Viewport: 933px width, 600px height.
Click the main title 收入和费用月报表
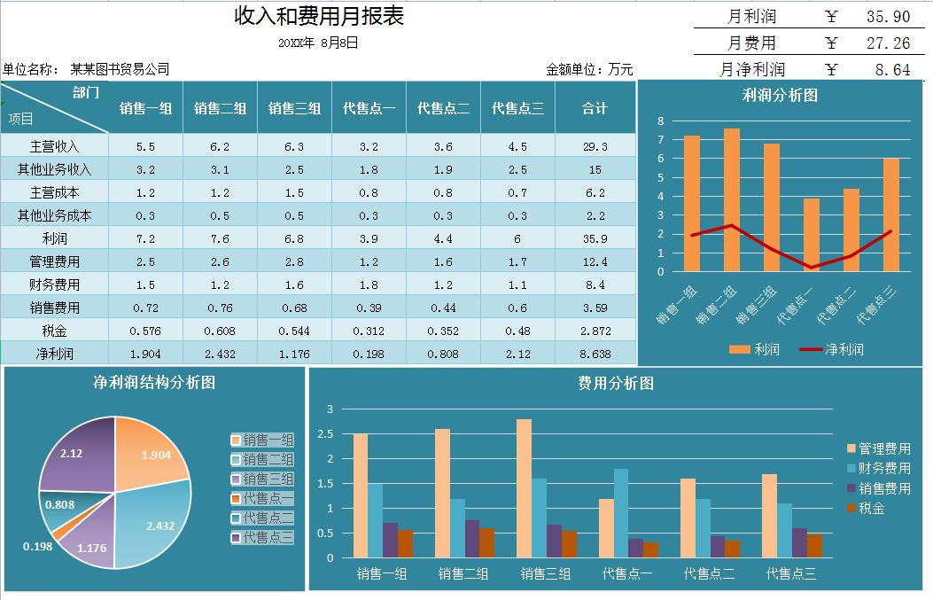coord(319,17)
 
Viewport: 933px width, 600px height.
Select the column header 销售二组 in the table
coord(220,108)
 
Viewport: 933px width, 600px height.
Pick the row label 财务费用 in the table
coord(49,284)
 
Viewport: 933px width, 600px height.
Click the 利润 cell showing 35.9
coord(595,238)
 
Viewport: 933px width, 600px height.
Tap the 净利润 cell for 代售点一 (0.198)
coord(369,354)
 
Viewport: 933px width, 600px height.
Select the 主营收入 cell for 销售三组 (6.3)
coord(294,146)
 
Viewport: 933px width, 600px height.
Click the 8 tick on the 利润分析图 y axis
coord(660,121)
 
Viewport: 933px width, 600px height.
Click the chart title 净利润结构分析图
coord(154,383)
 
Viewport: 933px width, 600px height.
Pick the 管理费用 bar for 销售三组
coord(524,488)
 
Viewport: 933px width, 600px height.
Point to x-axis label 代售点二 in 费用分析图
coord(709,573)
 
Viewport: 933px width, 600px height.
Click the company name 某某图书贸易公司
coord(120,69)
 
